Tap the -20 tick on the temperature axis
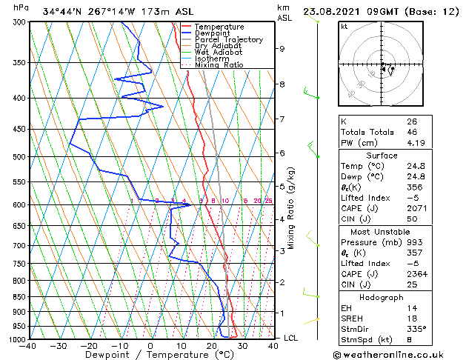[89, 345]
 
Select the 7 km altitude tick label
[282, 119]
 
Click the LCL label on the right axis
[291, 338]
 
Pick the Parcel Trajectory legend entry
[228, 39]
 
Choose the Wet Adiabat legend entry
[219, 52]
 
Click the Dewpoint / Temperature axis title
[151, 354]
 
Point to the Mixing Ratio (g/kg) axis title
[291, 208]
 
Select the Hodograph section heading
[382, 297]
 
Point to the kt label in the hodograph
[344, 26]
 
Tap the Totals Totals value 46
[412, 131]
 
